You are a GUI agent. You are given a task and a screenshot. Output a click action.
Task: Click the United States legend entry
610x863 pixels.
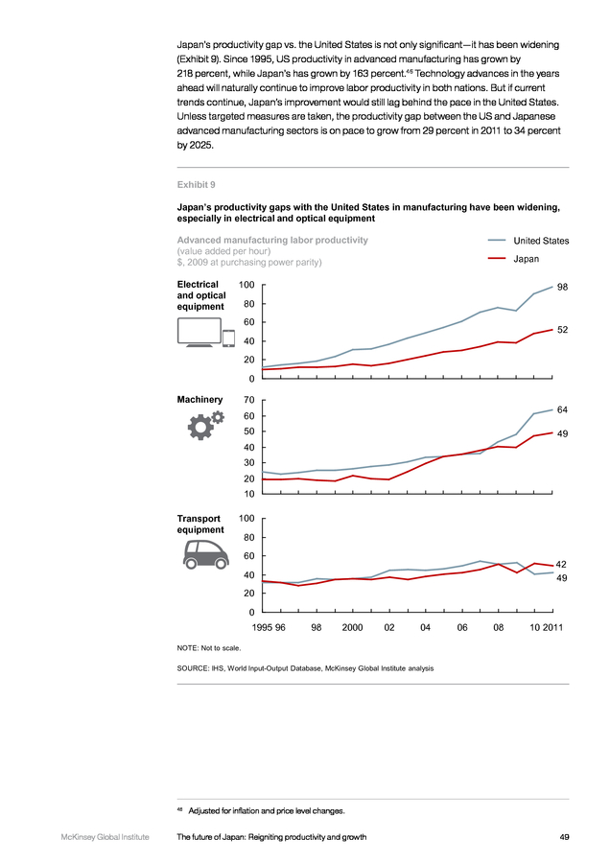point(528,241)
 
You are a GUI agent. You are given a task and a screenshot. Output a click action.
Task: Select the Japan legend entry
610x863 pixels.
point(514,259)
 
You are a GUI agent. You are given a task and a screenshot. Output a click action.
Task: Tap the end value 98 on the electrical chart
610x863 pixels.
point(562,287)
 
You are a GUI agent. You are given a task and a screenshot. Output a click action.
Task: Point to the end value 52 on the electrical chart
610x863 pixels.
point(562,330)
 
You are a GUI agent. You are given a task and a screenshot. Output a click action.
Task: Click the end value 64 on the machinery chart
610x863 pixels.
point(562,409)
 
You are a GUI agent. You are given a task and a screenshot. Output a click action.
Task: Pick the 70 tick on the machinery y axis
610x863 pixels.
point(248,400)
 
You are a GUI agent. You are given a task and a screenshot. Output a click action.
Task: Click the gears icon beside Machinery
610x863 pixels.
point(205,425)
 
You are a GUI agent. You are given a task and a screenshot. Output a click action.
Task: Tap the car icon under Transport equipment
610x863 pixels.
point(205,554)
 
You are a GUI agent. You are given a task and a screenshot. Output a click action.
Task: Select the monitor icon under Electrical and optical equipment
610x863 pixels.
point(199,333)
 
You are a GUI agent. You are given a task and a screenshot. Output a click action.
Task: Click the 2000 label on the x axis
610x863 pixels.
point(352,627)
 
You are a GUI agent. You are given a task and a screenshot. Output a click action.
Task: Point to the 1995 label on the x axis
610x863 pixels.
point(262,627)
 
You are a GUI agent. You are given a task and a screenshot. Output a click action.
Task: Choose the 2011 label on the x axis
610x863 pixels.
point(553,627)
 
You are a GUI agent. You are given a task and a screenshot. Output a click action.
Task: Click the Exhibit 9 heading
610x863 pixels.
point(196,185)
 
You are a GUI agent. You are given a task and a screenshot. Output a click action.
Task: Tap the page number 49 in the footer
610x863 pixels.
point(564,837)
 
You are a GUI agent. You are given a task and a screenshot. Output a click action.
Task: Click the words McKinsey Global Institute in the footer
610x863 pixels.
point(105,837)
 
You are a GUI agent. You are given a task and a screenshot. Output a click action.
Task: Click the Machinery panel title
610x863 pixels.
point(199,400)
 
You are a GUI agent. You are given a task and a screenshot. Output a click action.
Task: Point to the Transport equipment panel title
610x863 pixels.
point(200,524)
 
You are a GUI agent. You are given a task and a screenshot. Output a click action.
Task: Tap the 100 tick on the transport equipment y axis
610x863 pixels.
point(246,518)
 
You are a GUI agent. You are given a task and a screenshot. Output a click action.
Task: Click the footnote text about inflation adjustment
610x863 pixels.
point(267,810)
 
